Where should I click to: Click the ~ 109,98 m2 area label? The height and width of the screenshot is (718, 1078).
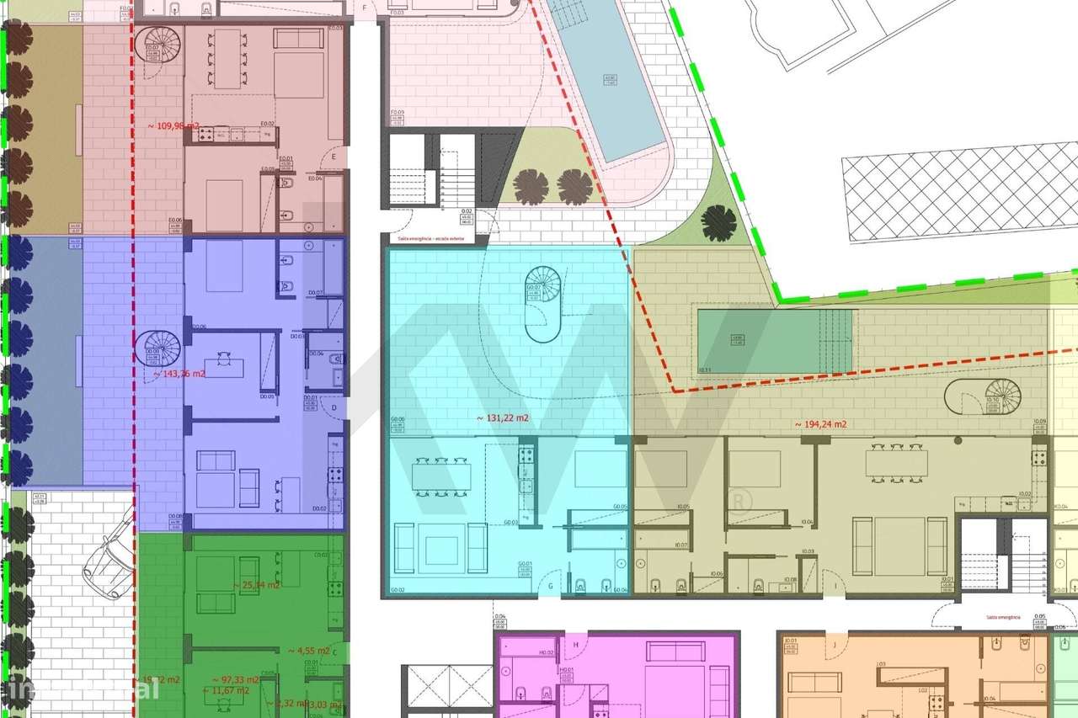[x=174, y=126]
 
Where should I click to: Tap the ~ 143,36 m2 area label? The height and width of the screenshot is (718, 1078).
[x=177, y=374]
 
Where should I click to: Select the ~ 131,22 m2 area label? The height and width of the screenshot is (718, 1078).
[x=503, y=418]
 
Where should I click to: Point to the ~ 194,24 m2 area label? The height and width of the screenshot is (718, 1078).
[x=820, y=424]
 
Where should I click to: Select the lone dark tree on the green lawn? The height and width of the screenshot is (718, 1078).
[x=718, y=223]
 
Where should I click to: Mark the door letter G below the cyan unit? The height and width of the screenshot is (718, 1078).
[x=550, y=585]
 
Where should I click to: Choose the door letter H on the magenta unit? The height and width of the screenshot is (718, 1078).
[x=576, y=646]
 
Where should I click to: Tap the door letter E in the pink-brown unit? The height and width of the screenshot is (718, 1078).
[x=334, y=157]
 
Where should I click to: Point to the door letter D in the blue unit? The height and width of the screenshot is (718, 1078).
[x=334, y=407]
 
